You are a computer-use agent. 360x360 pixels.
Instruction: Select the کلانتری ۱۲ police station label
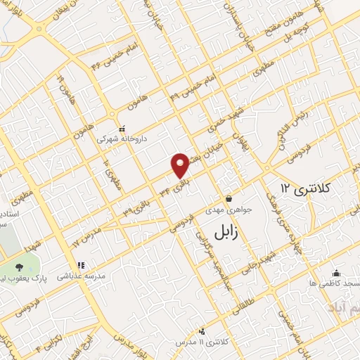308,188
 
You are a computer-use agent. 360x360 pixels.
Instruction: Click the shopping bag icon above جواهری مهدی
228,199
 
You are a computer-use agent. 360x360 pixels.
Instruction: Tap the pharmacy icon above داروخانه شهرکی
122,129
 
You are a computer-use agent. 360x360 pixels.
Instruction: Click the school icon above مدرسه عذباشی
81,265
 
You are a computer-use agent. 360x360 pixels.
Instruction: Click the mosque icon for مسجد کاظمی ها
337,274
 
